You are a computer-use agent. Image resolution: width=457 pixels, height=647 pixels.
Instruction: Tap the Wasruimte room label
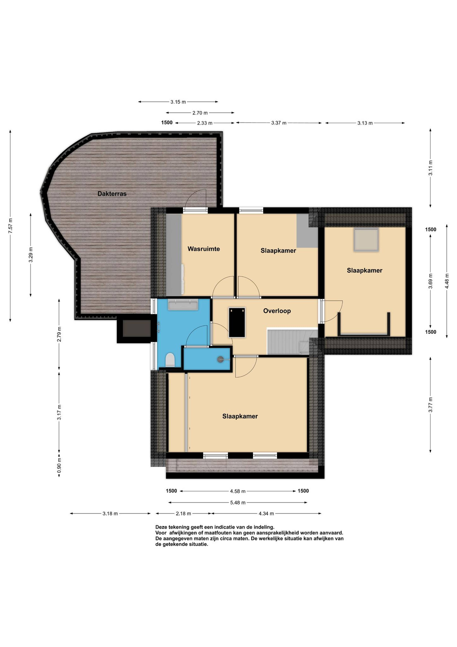click(x=204, y=249)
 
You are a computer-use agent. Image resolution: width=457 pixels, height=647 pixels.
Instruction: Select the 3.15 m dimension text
click(x=178, y=102)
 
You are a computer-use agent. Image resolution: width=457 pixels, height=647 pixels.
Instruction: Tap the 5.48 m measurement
click(x=238, y=502)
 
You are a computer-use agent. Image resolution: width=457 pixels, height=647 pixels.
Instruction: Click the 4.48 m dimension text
click(x=447, y=281)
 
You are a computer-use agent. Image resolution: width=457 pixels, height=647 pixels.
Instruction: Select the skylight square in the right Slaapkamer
click(x=366, y=240)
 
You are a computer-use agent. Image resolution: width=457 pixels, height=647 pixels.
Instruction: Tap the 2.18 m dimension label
click(x=183, y=513)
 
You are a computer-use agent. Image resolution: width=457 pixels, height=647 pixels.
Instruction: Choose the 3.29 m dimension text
click(x=31, y=255)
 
